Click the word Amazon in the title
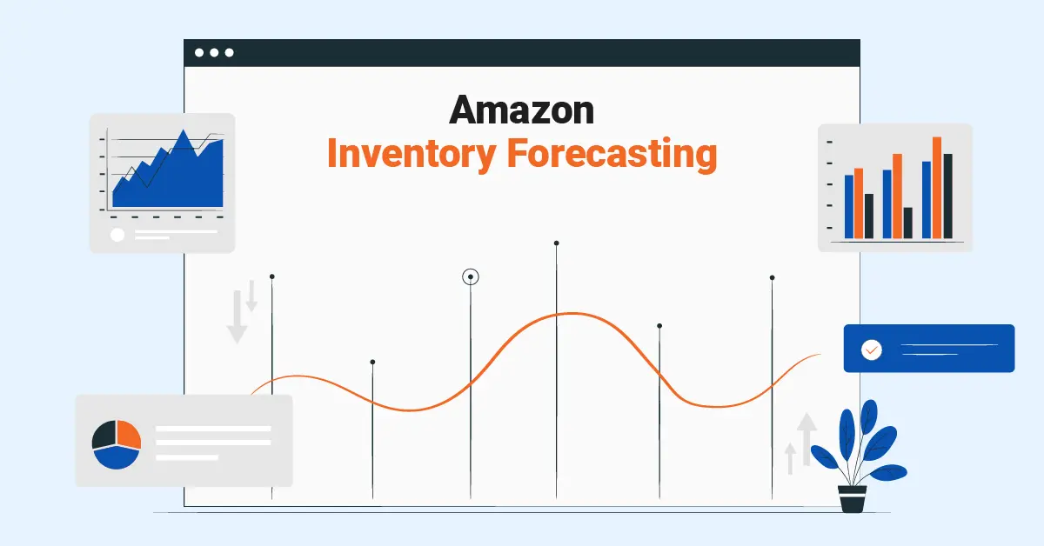pos(521,110)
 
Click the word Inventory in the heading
pos(412,155)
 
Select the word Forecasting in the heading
pos(612,155)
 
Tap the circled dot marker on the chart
pos(471,276)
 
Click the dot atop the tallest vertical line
pos(556,243)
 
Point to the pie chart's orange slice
pos(128,433)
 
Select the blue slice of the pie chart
pos(117,457)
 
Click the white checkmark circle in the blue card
pos(871,350)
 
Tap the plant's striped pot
pos(852,498)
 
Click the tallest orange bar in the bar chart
pos(937,187)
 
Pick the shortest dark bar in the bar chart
pos(908,223)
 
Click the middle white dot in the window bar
pos(214,53)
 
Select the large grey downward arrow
pos(237,316)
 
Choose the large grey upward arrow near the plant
pos(806,439)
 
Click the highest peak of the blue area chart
pos(184,130)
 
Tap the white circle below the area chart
pos(117,235)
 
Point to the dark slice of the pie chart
pos(104,435)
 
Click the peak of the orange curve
pos(572,314)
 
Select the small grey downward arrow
pos(251,296)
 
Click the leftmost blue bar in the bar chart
pos(849,206)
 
